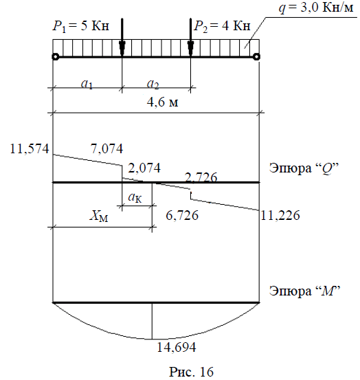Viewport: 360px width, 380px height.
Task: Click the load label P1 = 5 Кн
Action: click(81, 26)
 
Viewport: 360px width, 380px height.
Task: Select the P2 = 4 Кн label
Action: click(222, 26)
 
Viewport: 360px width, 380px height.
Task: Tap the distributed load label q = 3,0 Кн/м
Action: click(316, 8)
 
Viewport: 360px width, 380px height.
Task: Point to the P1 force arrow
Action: click(122, 37)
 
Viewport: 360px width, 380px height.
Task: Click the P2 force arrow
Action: click(191, 37)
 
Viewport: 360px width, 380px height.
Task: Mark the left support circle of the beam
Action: click(56, 57)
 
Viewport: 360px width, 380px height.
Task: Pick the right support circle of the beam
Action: click(256, 57)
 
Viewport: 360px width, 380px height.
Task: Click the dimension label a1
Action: click(87, 84)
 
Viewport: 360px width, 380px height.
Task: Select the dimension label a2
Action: click(153, 84)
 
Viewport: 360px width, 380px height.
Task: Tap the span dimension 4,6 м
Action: click(163, 102)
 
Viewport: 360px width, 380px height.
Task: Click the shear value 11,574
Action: click(30, 148)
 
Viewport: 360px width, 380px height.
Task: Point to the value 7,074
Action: click(107, 148)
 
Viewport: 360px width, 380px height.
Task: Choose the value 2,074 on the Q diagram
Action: click(144, 168)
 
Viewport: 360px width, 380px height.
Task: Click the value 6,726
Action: click(182, 215)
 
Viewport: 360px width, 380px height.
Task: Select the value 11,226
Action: click(280, 215)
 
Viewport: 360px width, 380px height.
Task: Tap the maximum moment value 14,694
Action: click(177, 347)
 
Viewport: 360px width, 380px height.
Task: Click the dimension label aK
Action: click(135, 197)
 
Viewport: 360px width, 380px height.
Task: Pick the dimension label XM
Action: click(99, 216)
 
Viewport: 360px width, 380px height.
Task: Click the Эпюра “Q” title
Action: click(304, 168)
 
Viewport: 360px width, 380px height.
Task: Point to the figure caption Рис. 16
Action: click(192, 372)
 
